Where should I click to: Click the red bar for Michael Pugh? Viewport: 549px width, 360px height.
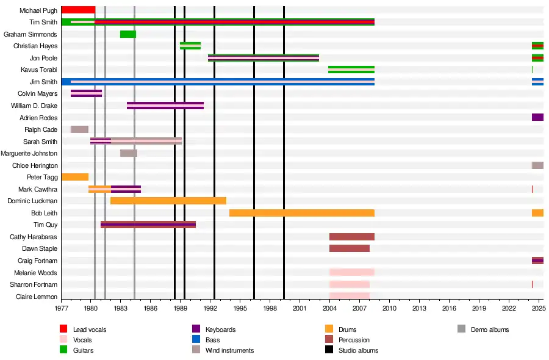click(78, 10)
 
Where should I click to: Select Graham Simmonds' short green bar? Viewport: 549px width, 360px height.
click(128, 34)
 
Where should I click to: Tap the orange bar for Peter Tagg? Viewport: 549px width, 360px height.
click(74, 177)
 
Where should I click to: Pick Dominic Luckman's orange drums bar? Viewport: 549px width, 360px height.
click(168, 201)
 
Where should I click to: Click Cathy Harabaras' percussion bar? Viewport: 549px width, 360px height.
click(352, 237)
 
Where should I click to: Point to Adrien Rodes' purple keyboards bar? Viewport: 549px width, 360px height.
click(537, 117)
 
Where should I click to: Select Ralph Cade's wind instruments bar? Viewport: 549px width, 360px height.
click(79, 129)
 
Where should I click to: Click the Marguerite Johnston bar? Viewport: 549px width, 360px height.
click(129, 153)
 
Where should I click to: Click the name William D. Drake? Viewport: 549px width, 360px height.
click(34, 106)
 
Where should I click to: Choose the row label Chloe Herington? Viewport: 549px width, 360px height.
click(35, 165)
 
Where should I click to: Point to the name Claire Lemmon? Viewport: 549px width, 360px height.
click(37, 297)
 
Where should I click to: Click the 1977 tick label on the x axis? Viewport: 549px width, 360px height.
click(61, 309)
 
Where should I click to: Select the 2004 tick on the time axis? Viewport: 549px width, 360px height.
click(329, 309)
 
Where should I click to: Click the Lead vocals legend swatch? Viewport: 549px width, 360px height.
click(63, 329)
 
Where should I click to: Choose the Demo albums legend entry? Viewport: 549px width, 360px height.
click(489, 329)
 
